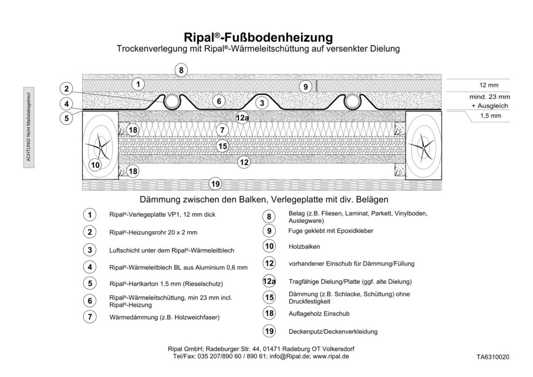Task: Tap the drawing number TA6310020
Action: tap(492, 358)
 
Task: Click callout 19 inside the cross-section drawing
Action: tap(214, 183)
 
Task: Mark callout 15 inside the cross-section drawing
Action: tap(222, 146)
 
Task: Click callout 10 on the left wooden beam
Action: tap(95, 166)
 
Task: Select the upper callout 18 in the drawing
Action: tap(133, 130)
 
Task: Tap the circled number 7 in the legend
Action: tap(90, 316)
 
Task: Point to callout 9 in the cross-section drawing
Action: tap(306, 86)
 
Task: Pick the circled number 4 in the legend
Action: tap(90, 267)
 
